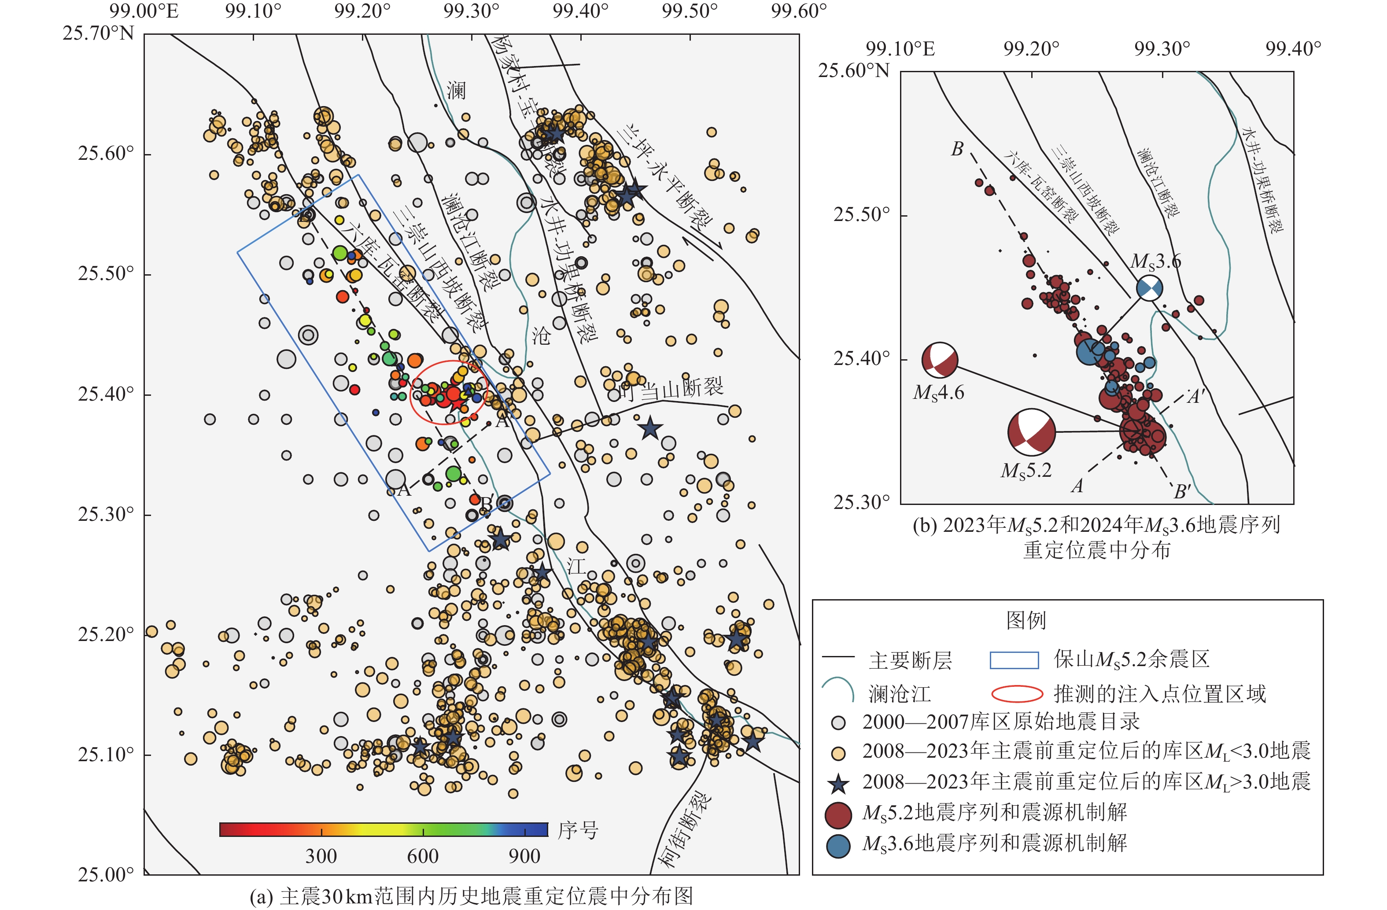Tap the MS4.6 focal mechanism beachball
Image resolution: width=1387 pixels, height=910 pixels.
940,360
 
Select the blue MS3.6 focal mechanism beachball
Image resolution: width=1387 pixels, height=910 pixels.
1149,288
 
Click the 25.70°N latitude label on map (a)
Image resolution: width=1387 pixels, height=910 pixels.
98,33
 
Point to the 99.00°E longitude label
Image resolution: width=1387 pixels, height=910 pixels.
144,11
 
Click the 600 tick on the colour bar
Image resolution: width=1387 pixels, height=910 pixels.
423,829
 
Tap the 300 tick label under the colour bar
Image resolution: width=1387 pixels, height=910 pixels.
321,856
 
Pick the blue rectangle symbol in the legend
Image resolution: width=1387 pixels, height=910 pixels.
1014,660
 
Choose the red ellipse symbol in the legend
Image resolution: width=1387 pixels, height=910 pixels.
1017,694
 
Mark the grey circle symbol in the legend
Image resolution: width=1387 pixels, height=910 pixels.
838,723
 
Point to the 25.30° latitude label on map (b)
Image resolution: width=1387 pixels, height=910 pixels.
861,501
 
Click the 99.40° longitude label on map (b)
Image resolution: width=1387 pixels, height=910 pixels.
1293,49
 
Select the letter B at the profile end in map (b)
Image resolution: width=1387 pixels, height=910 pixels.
957,150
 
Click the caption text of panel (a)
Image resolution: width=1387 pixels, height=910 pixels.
471,896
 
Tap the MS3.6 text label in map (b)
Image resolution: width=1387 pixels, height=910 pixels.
1156,262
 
